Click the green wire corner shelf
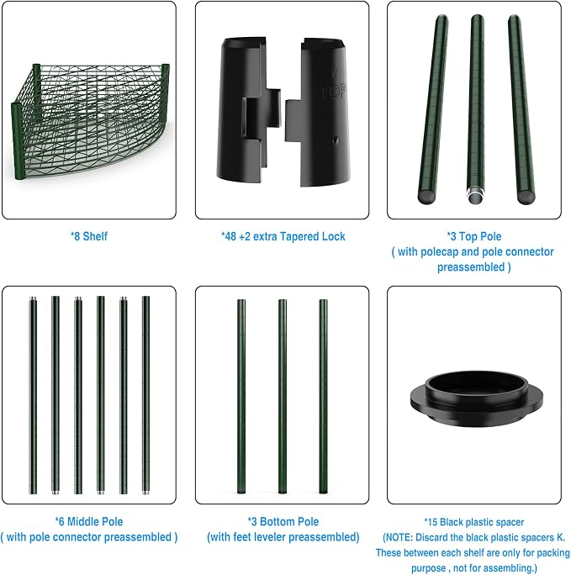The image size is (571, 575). (90, 121)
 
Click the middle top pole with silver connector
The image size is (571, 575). (476, 109)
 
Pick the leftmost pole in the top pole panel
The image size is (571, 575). (433, 109)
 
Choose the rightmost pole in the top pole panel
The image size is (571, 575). (521, 109)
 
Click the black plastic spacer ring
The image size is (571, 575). (476, 398)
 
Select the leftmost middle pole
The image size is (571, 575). (33, 395)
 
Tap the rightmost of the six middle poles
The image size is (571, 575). (145, 395)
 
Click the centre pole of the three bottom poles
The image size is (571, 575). (283, 396)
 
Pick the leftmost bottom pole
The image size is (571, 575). (241, 396)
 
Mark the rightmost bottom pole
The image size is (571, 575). (323, 396)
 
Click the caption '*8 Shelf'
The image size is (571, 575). (89, 236)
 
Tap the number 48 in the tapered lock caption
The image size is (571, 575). (230, 236)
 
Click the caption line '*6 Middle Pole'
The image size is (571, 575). (89, 521)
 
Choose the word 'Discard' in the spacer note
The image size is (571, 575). (431, 537)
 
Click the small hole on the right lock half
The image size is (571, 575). (336, 140)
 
